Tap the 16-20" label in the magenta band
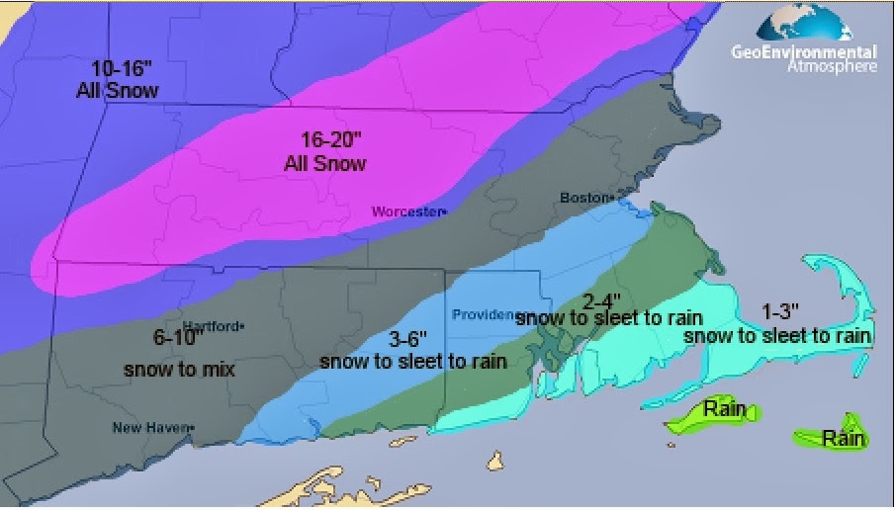pyautogui.click(x=325, y=141)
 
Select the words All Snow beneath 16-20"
pyautogui.click(x=325, y=163)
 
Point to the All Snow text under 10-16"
pyautogui.click(x=118, y=91)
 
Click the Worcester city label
pyautogui.click(x=407, y=212)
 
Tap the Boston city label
pyautogui.click(x=583, y=198)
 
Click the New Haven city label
pyautogui.click(x=151, y=427)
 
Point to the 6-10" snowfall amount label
pyautogui.click(x=178, y=337)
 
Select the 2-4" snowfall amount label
pyautogui.click(x=600, y=299)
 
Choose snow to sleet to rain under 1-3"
pyautogui.click(x=777, y=337)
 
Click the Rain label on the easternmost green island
pyautogui.click(x=843, y=439)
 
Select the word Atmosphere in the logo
pyautogui.click(x=832, y=65)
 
